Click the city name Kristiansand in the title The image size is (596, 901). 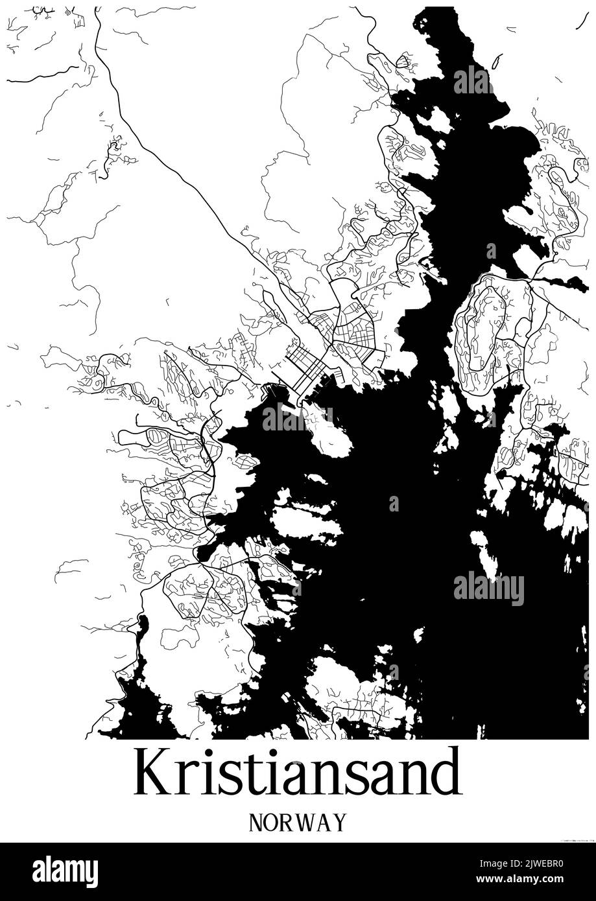click(298, 773)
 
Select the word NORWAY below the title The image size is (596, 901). click(298, 823)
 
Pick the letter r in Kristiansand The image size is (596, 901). click(185, 779)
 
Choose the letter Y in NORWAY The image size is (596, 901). click(339, 823)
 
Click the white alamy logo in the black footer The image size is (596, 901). click(65, 872)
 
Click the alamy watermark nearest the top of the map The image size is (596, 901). click(473, 81)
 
